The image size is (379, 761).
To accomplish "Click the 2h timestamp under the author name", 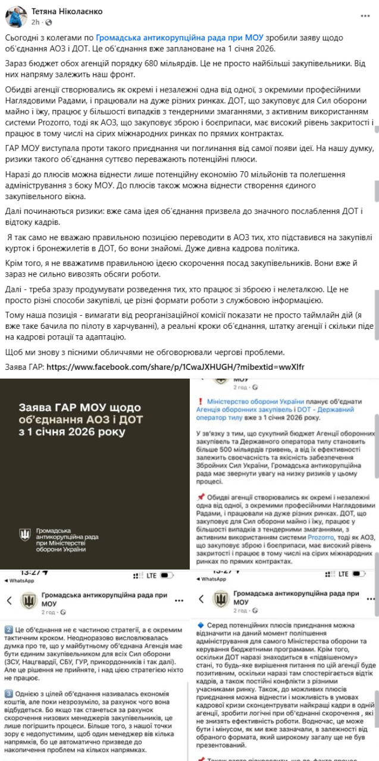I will click(35, 21).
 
